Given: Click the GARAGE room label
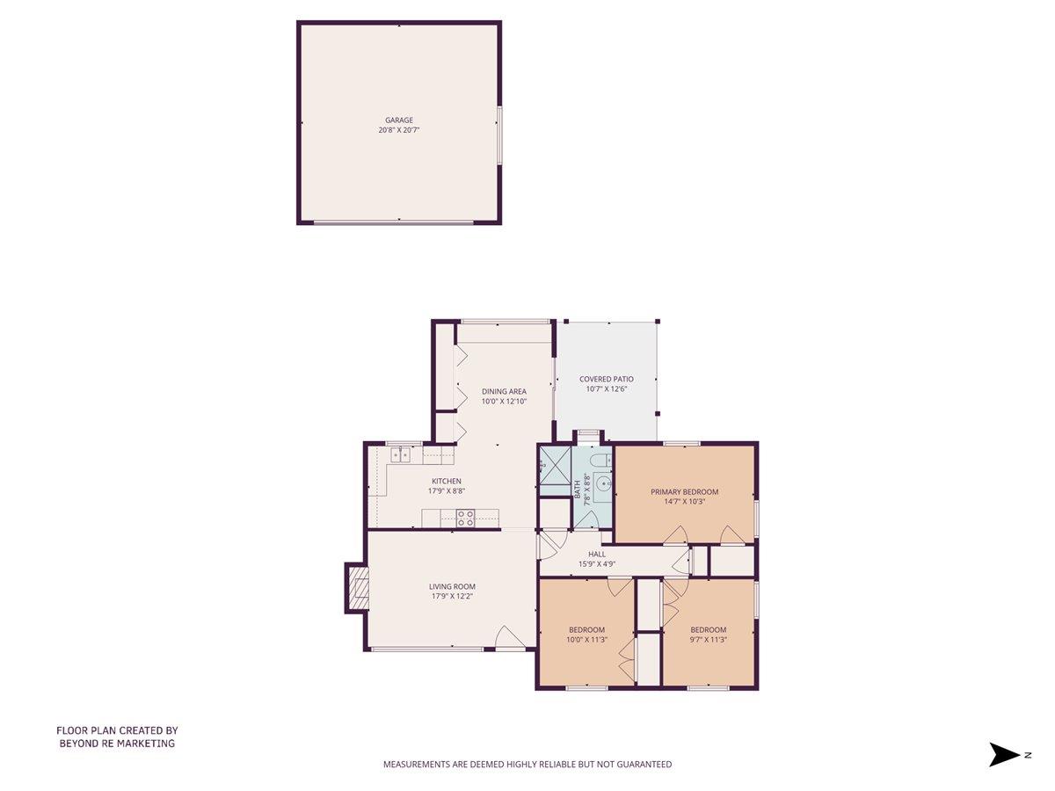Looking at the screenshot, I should (398, 120).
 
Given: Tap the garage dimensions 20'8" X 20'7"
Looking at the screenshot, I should (398, 130).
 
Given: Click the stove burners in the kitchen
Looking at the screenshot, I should (465, 518).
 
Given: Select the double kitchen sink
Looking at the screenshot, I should (401, 454).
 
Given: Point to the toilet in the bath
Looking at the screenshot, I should (599, 461).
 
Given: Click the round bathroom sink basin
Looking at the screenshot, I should (602, 483).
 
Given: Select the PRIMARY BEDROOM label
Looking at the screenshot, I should (684, 492).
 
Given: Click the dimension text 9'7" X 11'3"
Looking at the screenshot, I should (708, 640).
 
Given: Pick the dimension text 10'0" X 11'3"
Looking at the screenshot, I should (586, 640).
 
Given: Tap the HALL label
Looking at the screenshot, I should (597, 555).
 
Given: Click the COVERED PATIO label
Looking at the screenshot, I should (606, 380).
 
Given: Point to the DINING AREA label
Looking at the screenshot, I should (504, 391).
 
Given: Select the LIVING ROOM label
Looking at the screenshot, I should (452, 587).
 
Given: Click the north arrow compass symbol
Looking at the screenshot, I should (1003, 754).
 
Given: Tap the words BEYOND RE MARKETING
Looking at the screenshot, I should (117, 744).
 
